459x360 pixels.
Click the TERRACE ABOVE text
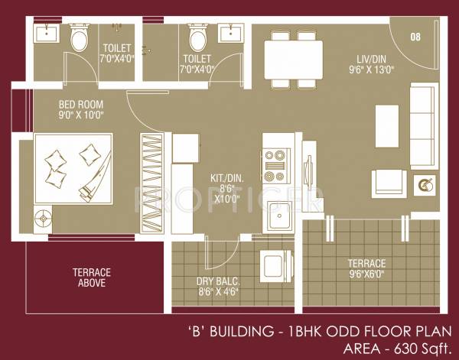coord(92,277)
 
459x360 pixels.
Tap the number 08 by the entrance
coord(415,36)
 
